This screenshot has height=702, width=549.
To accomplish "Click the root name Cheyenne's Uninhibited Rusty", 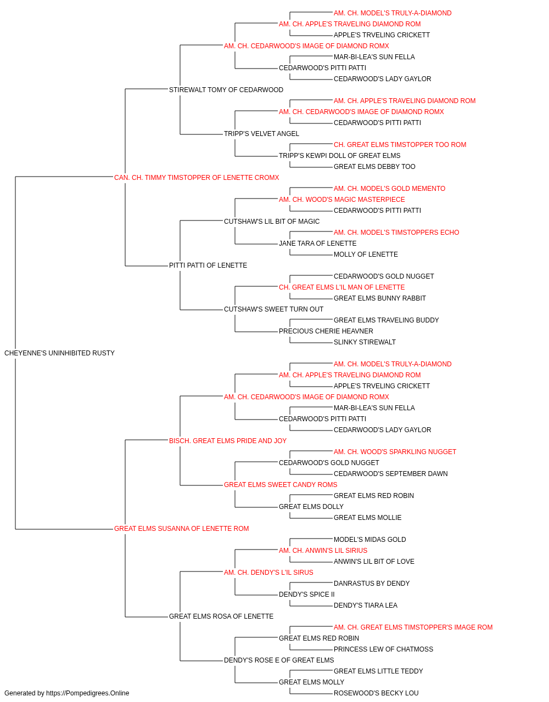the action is click(59, 353).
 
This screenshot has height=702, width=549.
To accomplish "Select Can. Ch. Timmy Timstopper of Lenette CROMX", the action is click(196, 178).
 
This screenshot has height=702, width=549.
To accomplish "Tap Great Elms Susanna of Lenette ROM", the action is click(181, 529).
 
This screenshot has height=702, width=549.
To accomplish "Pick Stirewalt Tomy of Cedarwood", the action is click(226, 90).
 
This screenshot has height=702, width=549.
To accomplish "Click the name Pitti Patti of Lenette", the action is click(208, 265).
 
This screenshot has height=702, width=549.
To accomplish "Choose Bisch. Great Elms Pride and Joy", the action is click(228, 440).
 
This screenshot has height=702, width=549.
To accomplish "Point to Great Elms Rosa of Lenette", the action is click(221, 616).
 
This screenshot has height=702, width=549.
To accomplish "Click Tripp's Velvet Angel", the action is click(261, 134).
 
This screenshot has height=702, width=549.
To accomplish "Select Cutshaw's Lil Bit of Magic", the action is click(272, 221).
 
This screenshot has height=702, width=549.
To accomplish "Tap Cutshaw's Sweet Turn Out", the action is click(273, 309).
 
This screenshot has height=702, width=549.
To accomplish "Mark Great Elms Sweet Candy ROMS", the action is click(281, 485).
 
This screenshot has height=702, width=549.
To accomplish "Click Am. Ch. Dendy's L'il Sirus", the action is click(268, 573).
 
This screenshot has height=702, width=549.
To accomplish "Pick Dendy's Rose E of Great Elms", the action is click(279, 660).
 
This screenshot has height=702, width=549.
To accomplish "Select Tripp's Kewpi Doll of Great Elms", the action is click(339, 156).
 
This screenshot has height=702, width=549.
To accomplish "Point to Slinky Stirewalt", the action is click(365, 342).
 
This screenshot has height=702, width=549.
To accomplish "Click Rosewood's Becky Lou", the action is click(376, 693).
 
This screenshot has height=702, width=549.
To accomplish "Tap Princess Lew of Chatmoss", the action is click(383, 649).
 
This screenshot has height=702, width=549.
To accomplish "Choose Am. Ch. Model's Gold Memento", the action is click(389, 189).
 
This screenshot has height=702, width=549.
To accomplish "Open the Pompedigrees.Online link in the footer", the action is click(88, 693).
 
